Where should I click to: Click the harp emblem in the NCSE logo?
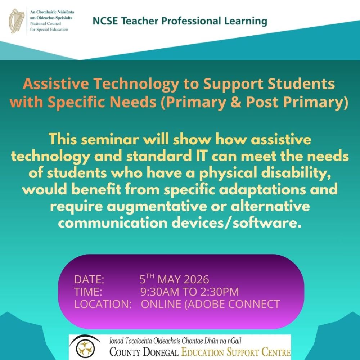17,21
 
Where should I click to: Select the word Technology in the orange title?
136,85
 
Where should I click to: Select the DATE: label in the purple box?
89,279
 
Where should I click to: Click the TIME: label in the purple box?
88,292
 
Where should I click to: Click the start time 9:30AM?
160,292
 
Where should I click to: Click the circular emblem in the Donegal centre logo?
85,348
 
